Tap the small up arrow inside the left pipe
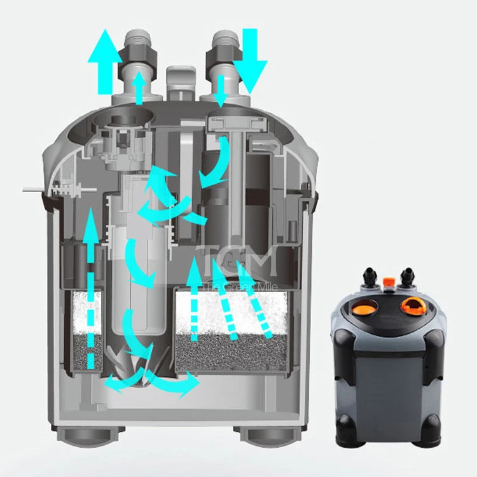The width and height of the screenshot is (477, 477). pos(139,88)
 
